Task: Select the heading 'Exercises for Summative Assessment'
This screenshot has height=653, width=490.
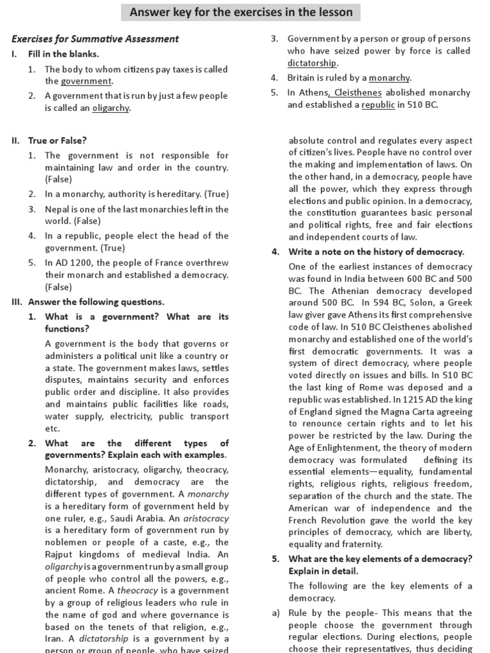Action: [96, 40]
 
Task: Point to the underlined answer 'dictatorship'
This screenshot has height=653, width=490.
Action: [312, 63]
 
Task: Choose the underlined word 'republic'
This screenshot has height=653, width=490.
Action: [378, 105]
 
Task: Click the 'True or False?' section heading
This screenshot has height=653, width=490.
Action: [57, 140]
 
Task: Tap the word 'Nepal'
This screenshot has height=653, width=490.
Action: [57, 209]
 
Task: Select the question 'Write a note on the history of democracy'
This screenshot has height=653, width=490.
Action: [376, 252]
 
